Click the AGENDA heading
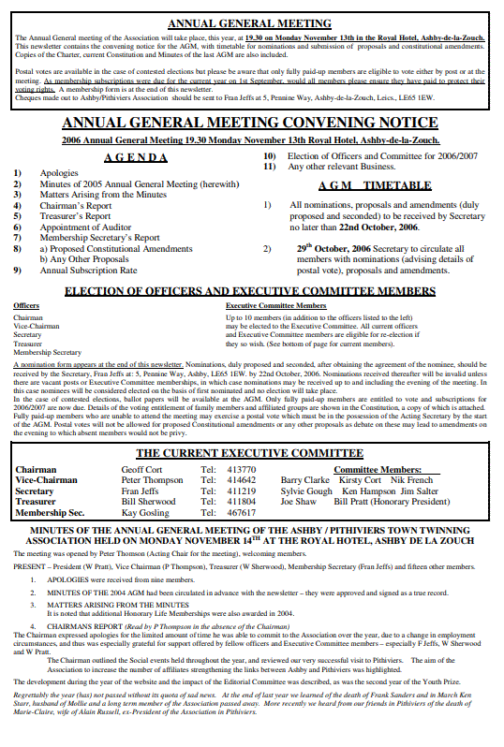(136, 157)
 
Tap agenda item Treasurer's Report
(75, 216)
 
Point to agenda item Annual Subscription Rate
(88, 270)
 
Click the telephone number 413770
(242, 469)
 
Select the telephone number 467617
(242, 513)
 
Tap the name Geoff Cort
(141, 469)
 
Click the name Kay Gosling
(145, 513)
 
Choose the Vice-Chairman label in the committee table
(47, 480)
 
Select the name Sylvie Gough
(306, 491)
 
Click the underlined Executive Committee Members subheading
(276, 306)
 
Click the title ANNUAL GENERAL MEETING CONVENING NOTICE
(250, 123)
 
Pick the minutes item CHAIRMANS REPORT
(90, 626)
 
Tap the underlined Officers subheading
(26, 306)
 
